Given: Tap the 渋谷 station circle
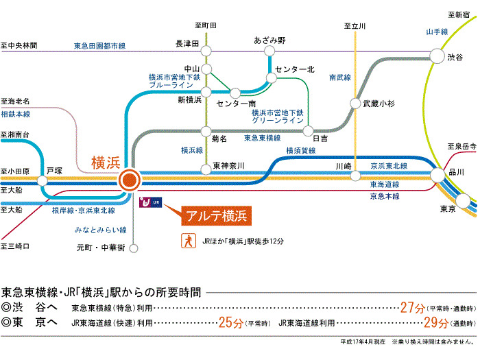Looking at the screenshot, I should click(437, 56).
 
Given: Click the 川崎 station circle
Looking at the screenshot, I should click(355, 176).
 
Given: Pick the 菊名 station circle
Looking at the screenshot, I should click(206, 128).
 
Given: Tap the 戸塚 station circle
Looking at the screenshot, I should click(43, 182).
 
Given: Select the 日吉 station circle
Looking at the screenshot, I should click(308, 128).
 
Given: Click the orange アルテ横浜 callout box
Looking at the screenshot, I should click(215, 216).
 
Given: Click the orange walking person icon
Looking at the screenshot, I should click(185, 241).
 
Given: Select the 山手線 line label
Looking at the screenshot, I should click(436, 32).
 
